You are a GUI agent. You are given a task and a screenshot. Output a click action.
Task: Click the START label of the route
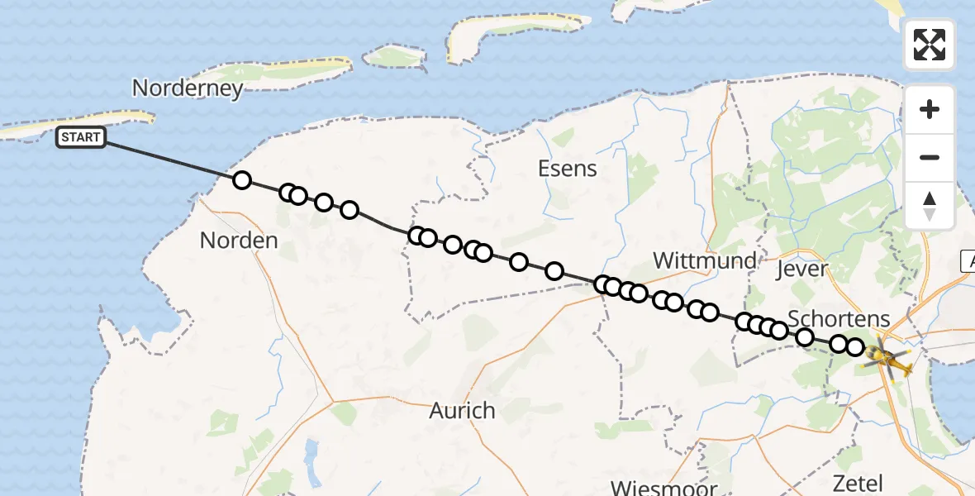pos(81,137)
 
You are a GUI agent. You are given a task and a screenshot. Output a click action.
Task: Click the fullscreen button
pos(930,45)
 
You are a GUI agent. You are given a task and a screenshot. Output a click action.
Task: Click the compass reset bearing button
pos(930,205)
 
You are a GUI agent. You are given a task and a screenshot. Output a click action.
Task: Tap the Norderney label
pos(188,88)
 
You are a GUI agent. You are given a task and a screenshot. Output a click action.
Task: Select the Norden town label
pos(239,241)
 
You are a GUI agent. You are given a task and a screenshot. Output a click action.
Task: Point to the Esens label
pos(567,169)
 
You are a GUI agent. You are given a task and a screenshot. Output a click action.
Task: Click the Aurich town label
pos(462,410)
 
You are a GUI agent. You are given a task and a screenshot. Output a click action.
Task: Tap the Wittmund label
pos(704,261)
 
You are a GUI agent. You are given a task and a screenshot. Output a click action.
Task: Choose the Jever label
pos(802,269)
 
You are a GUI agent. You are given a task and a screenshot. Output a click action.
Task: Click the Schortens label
pos(839,318)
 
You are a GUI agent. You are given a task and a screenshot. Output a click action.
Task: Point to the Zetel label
pos(858,484)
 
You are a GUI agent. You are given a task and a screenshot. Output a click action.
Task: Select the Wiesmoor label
pos(663,487)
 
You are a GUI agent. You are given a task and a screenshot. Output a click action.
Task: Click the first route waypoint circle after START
pos(241,180)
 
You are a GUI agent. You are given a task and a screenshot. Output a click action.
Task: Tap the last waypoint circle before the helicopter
pos(854,347)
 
